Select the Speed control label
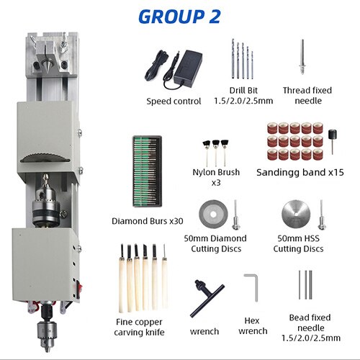pyautogui.click(x=174, y=102)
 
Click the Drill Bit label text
pyautogui.click(x=243, y=96)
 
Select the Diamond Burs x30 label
pyautogui.click(x=147, y=221)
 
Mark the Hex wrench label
pyautogui.click(x=253, y=326)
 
